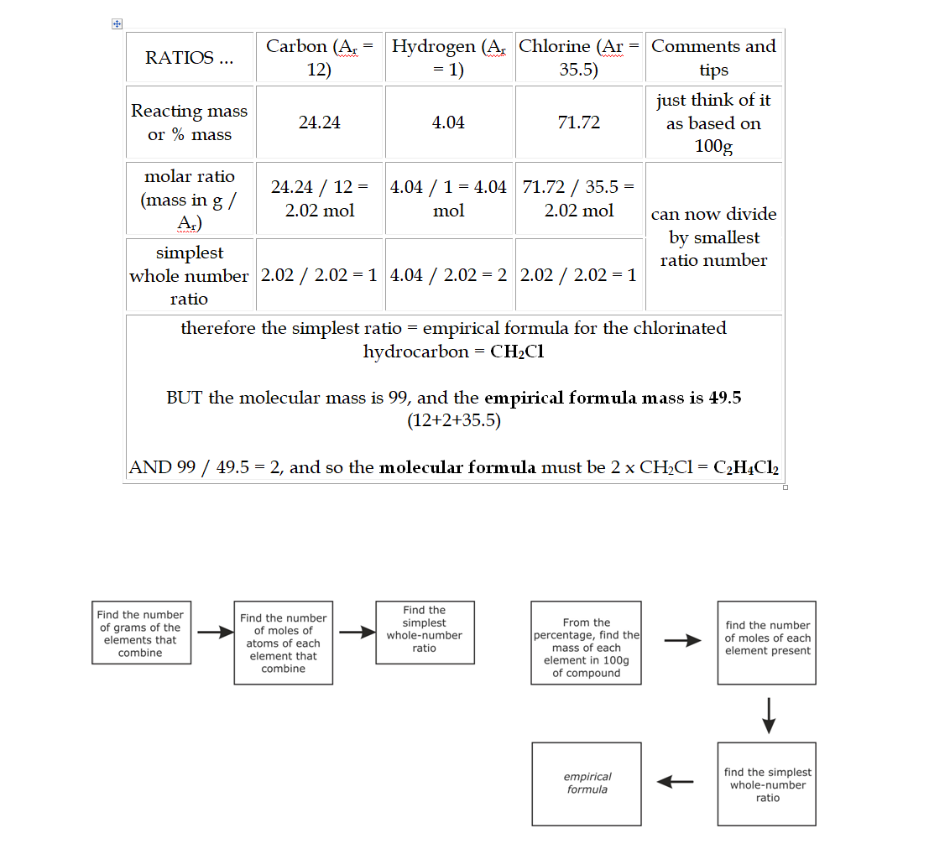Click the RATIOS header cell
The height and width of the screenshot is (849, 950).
(190, 58)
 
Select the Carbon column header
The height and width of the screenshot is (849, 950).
(319, 58)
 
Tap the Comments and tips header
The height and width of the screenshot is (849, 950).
(713, 58)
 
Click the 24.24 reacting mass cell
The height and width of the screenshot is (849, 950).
(319, 122)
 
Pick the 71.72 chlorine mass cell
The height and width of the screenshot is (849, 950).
(578, 122)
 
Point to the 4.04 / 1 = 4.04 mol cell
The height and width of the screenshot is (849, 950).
(448, 199)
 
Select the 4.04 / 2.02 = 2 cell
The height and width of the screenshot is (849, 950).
(448, 276)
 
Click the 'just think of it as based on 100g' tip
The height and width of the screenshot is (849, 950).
(713, 122)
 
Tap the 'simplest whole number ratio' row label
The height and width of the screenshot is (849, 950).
(189, 276)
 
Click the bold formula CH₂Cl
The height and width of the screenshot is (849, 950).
(517, 352)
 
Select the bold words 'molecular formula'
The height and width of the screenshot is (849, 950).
(457, 467)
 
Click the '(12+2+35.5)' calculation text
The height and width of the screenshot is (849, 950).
(453, 421)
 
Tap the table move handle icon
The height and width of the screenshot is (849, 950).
(117, 24)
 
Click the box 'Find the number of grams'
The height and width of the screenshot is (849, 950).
(140, 633)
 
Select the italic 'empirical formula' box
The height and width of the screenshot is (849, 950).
(587, 783)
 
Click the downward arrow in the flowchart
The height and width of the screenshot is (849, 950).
(767, 714)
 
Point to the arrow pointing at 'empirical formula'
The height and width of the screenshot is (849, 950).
(676, 782)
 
